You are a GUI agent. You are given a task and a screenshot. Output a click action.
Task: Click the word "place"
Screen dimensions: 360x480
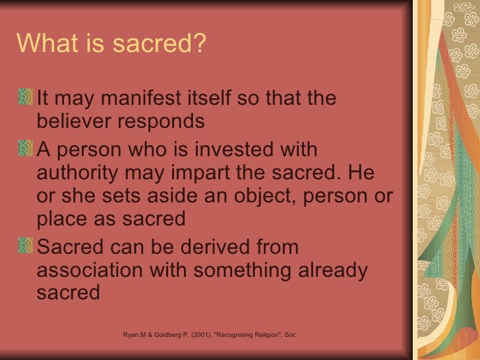pyautogui.click(x=64, y=220)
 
